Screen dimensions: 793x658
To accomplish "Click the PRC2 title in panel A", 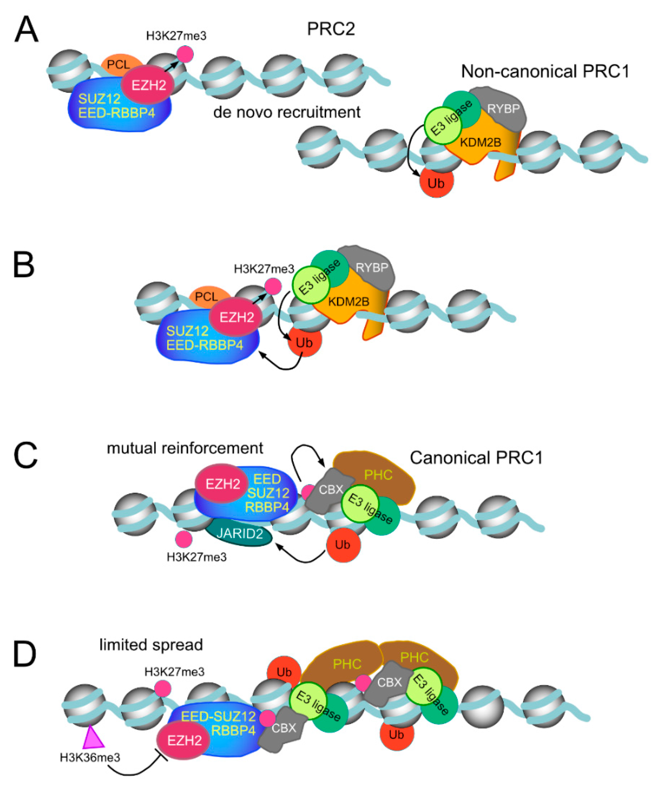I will click(331, 29).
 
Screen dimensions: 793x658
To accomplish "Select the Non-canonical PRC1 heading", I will click(545, 71).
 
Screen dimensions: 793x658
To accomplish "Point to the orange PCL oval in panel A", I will click(119, 64).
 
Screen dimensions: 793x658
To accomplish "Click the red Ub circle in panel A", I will click(436, 183).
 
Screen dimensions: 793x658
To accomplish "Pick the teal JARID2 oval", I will click(239, 533).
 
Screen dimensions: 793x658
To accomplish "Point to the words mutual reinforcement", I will click(185, 448).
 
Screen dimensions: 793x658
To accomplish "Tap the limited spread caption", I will click(151, 645).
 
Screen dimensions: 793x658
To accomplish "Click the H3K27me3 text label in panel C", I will click(196, 557).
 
